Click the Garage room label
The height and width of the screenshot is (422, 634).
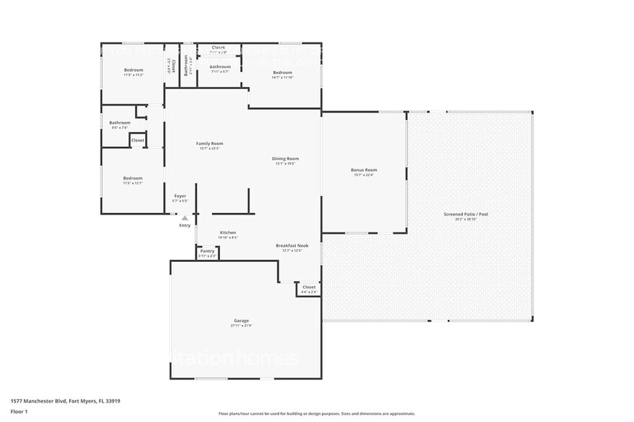[x=241, y=321]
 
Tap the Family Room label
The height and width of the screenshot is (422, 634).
[x=210, y=144]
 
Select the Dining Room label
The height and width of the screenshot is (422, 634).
[x=286, y=159]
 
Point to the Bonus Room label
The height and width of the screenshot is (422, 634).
[x=364, y=170]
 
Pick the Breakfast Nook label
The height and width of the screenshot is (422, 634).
[x=292, y=245]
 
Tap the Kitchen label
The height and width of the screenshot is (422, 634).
[x=228, y=233]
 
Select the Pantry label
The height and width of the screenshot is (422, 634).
[x=208, y=251]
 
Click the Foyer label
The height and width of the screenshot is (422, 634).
[x=180, y=196]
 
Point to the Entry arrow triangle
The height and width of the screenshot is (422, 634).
[x=185, y=217]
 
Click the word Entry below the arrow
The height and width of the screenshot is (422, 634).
[x=185, y=225]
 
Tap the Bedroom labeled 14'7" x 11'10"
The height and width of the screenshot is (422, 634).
[x=282, y=72]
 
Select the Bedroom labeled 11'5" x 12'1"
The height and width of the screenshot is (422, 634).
[x=132, y=178]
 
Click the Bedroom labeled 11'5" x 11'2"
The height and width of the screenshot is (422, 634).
[x=134, y=70]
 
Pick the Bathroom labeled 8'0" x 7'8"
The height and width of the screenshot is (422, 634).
[x=120, y=123]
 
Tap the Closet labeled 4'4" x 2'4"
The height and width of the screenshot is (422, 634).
[x=308, y=287]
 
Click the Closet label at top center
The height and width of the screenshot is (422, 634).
[x=218, y=48]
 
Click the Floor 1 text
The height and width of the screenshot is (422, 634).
[x=19, y=411]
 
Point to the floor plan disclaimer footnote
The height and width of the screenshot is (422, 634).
[x=316, y=413]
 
